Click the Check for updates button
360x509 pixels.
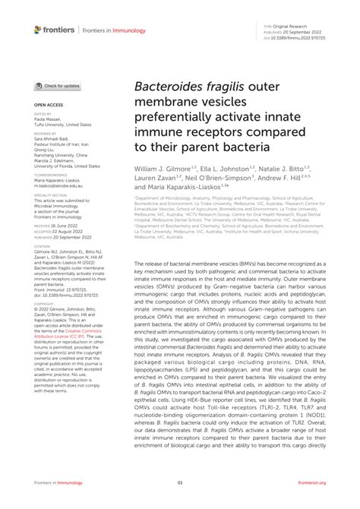58,86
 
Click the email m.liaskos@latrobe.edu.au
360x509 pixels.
58,184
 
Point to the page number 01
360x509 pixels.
180,482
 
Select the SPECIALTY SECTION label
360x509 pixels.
49,194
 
